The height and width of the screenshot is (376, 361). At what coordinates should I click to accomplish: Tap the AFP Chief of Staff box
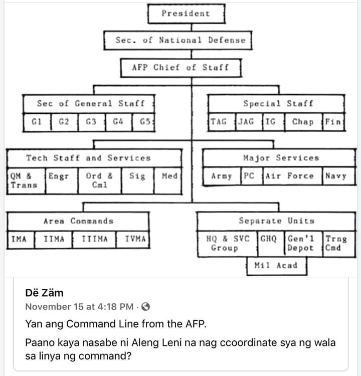(180, 67)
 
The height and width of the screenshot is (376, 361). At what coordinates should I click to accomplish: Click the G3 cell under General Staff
(91, 122)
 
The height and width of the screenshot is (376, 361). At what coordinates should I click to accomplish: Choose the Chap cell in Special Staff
(303, 122)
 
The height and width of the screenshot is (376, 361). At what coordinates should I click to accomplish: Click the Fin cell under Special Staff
(333, 122)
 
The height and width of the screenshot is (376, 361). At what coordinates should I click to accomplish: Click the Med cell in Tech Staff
(169, 176)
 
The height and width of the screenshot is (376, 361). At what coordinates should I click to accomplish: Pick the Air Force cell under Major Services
(290, 176)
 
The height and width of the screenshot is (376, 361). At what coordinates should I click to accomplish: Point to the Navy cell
(335, 176)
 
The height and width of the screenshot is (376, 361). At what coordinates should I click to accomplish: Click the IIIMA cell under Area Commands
(94, 239)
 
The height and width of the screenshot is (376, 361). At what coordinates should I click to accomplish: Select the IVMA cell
(135, 239)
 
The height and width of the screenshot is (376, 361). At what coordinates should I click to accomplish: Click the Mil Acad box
(276, 266)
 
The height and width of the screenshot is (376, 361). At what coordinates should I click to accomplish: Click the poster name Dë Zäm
(44, 293)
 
